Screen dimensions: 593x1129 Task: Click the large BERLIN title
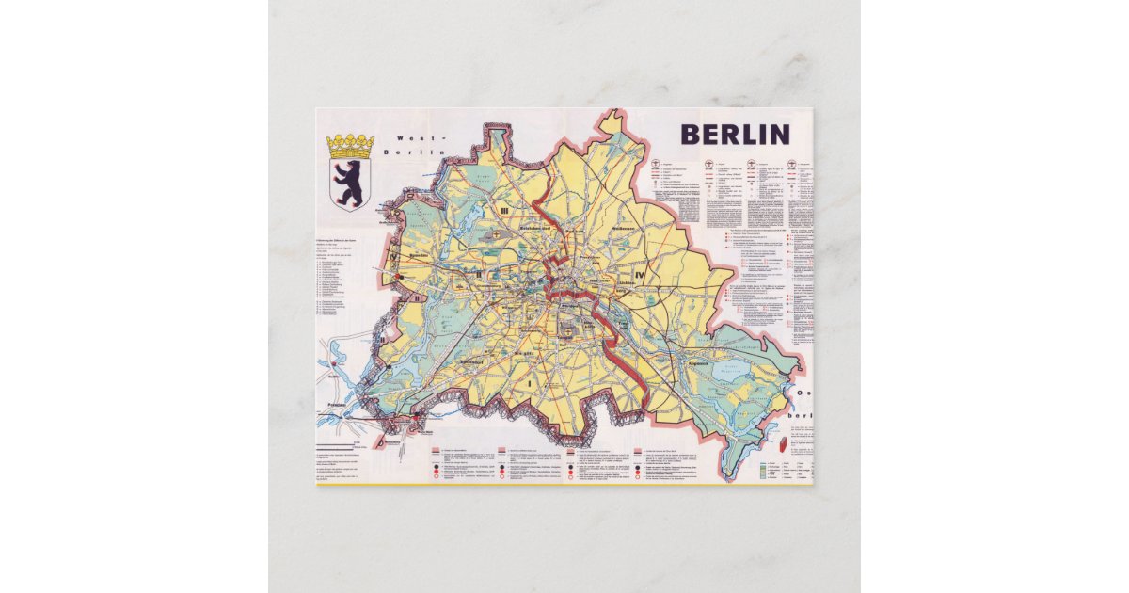click(735, 135)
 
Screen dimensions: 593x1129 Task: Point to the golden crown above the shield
click(350, 146)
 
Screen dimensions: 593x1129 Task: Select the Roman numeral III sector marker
click(504, 210)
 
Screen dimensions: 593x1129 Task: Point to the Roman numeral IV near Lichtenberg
click(641, 274)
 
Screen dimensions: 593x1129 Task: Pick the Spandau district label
click(419, 255)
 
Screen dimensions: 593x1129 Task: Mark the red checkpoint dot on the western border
click(400, 277)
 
